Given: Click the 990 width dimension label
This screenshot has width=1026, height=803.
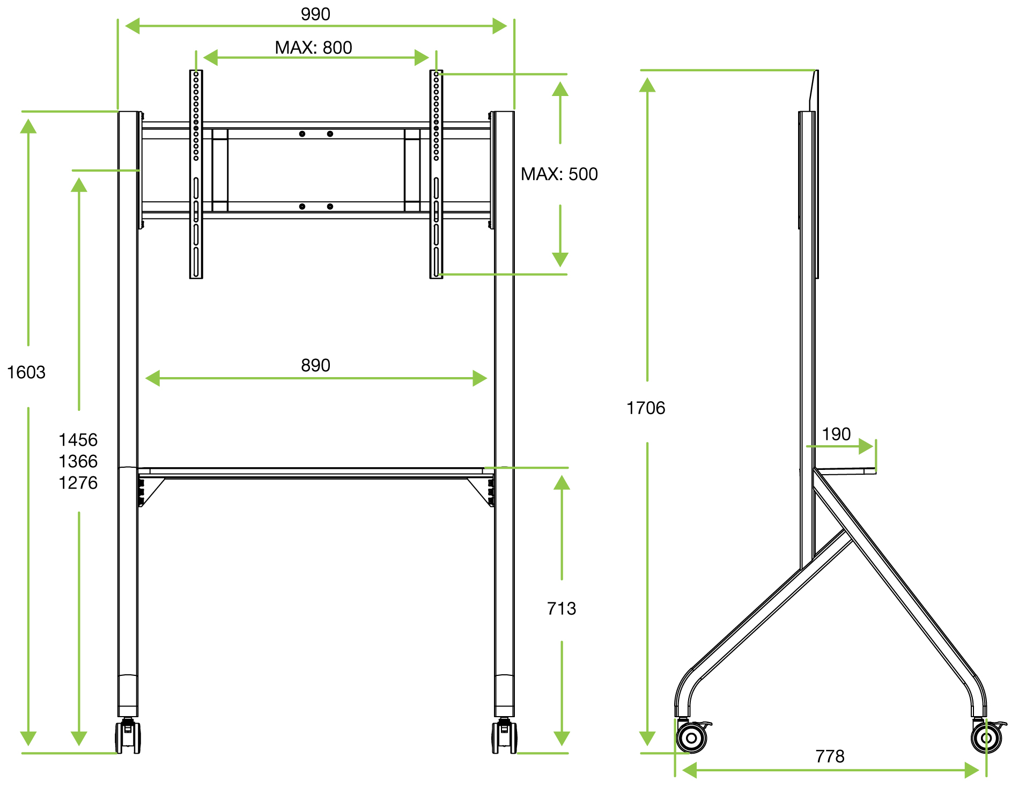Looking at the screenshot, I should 315,14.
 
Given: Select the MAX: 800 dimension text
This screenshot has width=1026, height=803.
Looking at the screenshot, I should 313,48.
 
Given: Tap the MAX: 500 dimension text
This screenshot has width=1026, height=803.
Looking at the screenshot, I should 559,174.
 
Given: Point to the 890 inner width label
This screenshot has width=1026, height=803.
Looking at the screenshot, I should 315,365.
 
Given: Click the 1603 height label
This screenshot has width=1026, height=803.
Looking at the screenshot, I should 26,372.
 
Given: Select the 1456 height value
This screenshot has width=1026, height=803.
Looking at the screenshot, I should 78,440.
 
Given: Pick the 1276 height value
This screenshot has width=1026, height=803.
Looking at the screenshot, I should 78,483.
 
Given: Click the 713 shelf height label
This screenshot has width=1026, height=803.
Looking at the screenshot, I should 562,609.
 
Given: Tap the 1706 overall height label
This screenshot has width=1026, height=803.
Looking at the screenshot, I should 646,408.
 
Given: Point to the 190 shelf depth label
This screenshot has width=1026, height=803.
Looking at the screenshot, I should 836,434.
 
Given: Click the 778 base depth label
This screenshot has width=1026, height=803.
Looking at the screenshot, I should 830,756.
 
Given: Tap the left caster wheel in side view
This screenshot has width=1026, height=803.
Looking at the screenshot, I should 692,738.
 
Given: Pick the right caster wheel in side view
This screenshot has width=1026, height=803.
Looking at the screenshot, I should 986,738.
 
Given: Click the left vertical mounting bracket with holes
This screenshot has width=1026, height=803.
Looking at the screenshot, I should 196,174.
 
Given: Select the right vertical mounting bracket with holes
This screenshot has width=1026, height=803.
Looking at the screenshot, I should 436,174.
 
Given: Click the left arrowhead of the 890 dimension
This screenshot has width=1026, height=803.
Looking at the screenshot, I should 153,378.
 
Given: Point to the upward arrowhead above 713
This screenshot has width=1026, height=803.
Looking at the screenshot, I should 562,483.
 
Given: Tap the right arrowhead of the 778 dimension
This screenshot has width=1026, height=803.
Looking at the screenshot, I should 971,770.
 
